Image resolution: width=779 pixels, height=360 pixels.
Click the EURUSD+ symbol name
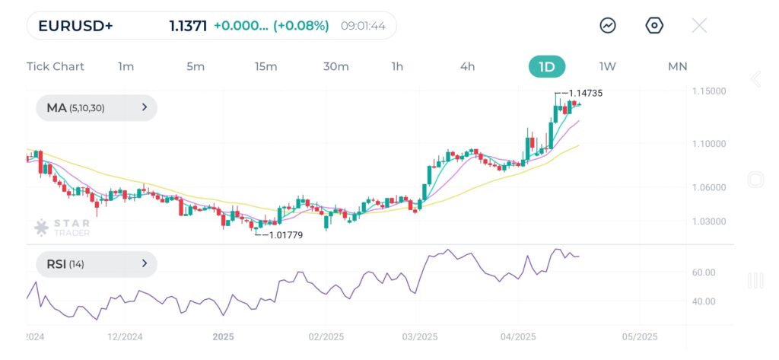point(75,26)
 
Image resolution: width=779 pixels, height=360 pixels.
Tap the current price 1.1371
point(188,26)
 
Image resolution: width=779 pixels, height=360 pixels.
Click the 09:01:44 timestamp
point(363,26)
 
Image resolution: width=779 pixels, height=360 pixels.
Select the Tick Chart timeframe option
point(56,66)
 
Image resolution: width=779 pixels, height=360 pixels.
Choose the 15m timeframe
point(265,66)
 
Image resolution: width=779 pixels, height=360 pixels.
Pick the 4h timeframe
point(467,66)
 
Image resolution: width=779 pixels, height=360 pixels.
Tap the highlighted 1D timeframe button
point(547,66)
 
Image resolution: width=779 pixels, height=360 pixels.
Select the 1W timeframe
point(608,66)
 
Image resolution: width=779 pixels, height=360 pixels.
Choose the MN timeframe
point(677,66)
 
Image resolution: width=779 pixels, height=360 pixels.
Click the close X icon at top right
point(699,26)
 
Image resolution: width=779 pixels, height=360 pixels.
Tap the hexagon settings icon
point(654,26)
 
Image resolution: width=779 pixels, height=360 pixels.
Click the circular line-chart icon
point(608,26)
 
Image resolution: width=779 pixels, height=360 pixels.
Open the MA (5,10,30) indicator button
point(97,108)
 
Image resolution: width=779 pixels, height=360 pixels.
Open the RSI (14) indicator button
point(97,264)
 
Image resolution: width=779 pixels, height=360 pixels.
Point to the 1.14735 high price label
point(585,93)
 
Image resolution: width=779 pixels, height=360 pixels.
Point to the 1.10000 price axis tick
point(710,143)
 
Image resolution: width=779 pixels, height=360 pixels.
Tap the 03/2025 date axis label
point(419,336)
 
